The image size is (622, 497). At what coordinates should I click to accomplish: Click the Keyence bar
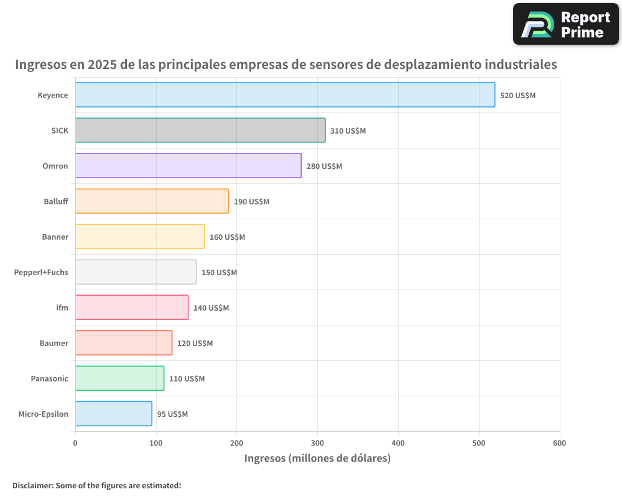pyautogui.click(x=285, y=95)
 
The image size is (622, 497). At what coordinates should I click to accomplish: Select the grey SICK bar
pyautogui.click(x=200, y=130)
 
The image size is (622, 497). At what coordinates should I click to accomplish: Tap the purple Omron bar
pyautogui.click(x=188, y=166)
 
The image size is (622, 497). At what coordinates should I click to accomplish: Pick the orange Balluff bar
pyautogui.click(x=152, y=201)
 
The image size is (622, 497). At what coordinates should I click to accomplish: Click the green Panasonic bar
pyautogui.click(x=119, y=378)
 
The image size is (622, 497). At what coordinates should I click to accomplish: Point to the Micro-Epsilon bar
pyautogui.click(x=113, y=414)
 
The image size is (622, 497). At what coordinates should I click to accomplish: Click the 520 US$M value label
pyautogui.click(x=518, y=96)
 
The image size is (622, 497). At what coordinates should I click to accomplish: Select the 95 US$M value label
pyautogui.click(x=172, y=414)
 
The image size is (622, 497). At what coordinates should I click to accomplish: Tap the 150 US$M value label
pyautogui.click(x=219, y=273)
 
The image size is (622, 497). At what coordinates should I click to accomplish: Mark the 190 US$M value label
pyautogui.click(x=251, y=202)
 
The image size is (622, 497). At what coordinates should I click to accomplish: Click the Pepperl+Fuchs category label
pyautogui.click(x=41, y=272)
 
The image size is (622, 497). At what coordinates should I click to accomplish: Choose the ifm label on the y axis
pyautogui.click(x=62, y=308)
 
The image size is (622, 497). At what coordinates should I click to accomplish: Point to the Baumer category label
pyautogui.click(x=53, y=343)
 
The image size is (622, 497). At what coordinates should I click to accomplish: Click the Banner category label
pyautogui.click(x=55, y=237)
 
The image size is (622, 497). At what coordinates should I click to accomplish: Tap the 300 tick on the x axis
pyautogui.click(x=317, y=443)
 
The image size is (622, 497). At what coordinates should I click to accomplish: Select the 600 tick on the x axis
pyautogui.click(x=559, y=443)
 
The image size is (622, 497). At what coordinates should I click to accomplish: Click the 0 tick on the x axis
pyautogui.click(x=75, y=443)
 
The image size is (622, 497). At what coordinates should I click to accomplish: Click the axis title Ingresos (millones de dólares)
pyautogui.click(x=317, y=458)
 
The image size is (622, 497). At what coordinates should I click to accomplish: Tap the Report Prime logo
pyautogui.click(x=565, y=24)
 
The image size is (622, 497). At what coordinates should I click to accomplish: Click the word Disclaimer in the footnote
pyautogui.click(x=32, y=486)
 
